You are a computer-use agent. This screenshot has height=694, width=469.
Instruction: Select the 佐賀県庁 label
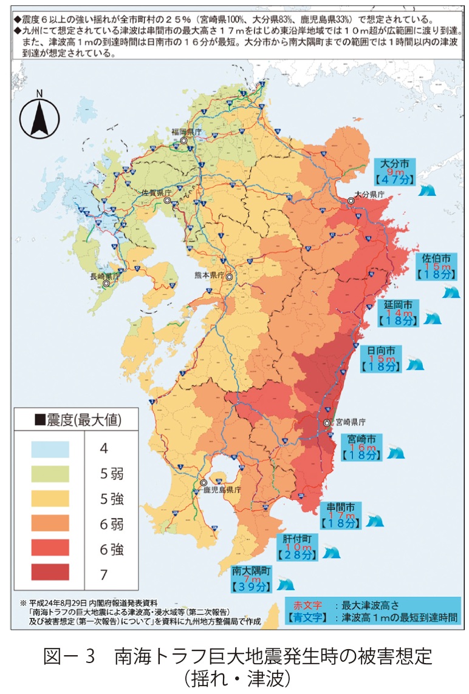(x=157, y=192)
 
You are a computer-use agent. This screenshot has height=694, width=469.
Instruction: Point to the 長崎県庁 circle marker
(x=107, y=283)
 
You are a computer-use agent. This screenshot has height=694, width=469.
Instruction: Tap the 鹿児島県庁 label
(x=223, y=488)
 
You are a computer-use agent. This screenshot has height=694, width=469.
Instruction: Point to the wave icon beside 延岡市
(x=431, y=318)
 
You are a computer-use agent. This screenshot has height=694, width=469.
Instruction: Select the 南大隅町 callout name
(x=251, y=571)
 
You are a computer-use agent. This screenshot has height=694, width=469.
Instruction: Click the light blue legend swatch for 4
(x=50, y=449)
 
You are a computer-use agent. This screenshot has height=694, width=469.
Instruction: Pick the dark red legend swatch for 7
(x=50, y=572)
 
